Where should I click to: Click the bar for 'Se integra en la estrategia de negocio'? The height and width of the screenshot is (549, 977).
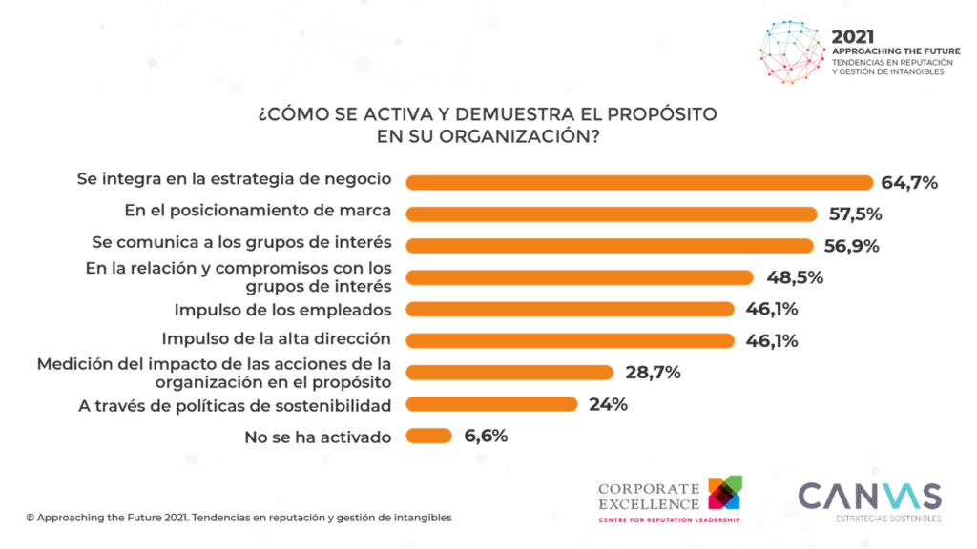639,182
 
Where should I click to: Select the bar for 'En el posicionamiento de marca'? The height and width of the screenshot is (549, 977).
612,213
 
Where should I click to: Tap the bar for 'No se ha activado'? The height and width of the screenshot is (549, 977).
428,436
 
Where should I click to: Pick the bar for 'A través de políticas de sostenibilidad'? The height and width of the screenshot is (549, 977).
491,404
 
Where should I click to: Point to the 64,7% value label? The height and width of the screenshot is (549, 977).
910,182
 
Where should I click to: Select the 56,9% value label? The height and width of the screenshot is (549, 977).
851,246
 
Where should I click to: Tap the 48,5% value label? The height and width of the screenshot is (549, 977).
795,277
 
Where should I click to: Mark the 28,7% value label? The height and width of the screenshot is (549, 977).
652,373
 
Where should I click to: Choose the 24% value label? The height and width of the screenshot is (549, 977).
608,404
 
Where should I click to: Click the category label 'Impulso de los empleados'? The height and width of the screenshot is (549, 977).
283,309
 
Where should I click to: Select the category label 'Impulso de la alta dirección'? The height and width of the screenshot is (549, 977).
277,338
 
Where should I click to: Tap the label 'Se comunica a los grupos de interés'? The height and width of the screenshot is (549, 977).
241,242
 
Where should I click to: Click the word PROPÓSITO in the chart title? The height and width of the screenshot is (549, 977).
653,114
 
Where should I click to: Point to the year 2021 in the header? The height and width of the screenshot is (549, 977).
854,37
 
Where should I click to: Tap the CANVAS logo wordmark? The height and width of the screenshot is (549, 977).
869,497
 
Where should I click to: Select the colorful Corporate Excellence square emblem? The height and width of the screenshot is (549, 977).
725,492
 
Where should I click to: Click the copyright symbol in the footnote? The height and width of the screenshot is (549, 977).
31,518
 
